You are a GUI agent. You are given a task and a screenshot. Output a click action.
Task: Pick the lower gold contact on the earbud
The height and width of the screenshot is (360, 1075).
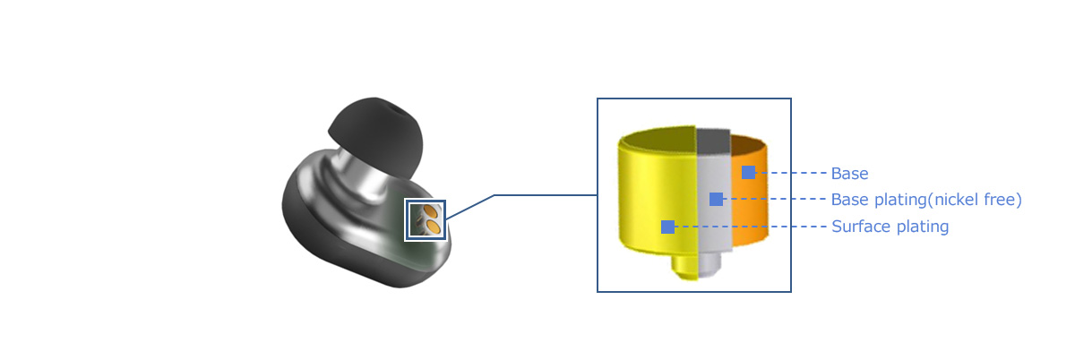pyautogui.click(x=433, y=227)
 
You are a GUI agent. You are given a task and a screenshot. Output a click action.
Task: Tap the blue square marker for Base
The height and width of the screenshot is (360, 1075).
pyautogui.click(x=748, y=172)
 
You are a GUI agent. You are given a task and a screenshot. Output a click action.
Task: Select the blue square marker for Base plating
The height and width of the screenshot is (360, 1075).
pyautogui.click(x=716, y=199)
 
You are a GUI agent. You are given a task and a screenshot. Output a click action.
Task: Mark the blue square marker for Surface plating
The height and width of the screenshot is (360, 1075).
pyautogui.click(x=667, y=227)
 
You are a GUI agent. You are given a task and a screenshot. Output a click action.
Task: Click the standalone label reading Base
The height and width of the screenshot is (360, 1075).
pyautogui.click(x=849, y=173)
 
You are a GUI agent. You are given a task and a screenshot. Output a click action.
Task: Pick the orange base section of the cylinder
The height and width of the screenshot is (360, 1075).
pyautogui.click(x=749, y=192)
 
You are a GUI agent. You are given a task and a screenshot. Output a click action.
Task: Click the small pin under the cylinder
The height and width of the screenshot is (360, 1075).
pyautogui.click(x=696, y=266)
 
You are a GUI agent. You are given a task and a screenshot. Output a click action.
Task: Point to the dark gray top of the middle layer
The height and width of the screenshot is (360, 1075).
pyautogui.click(x=714, y=141)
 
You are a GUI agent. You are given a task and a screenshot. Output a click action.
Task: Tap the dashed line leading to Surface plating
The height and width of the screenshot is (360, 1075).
pyautogui.click(x=751, y=227)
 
